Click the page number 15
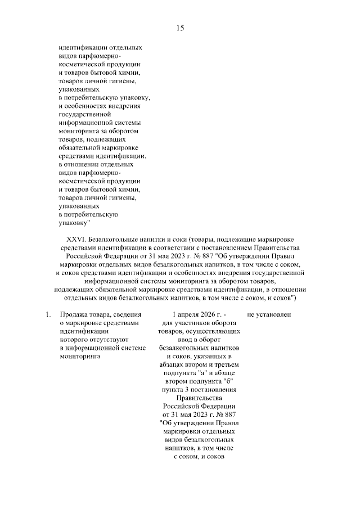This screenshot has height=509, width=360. pyautogui.click(x=180, y=28)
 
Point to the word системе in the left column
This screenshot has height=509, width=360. pyautogui.click(x=133, y=348)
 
